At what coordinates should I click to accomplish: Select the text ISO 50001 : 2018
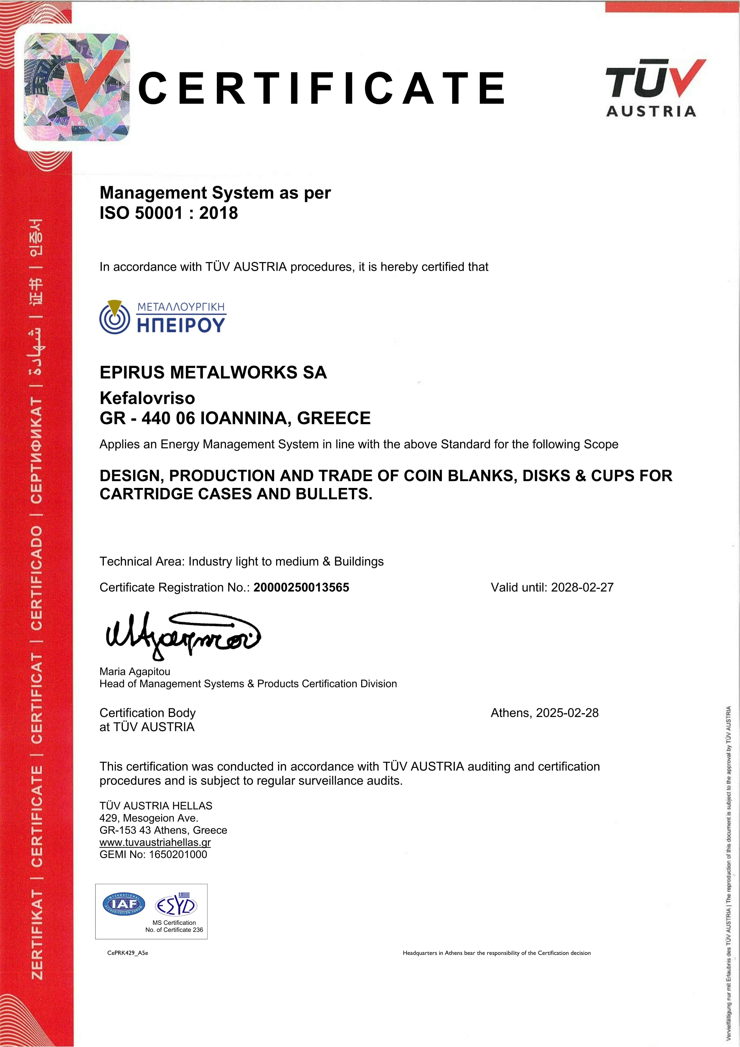[x=169, y=213]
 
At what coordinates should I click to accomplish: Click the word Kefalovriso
[x=147, y=398]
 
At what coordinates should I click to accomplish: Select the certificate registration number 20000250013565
[x=301, y=587]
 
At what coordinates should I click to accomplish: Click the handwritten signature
[x=182, y=635]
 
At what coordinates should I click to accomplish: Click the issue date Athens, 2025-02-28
[x=544, y=713]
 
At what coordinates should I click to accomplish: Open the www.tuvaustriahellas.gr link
[x=155, y=842]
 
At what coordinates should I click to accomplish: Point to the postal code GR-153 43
[x=125, y=830]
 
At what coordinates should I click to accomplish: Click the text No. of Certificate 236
[x=174, y=930]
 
